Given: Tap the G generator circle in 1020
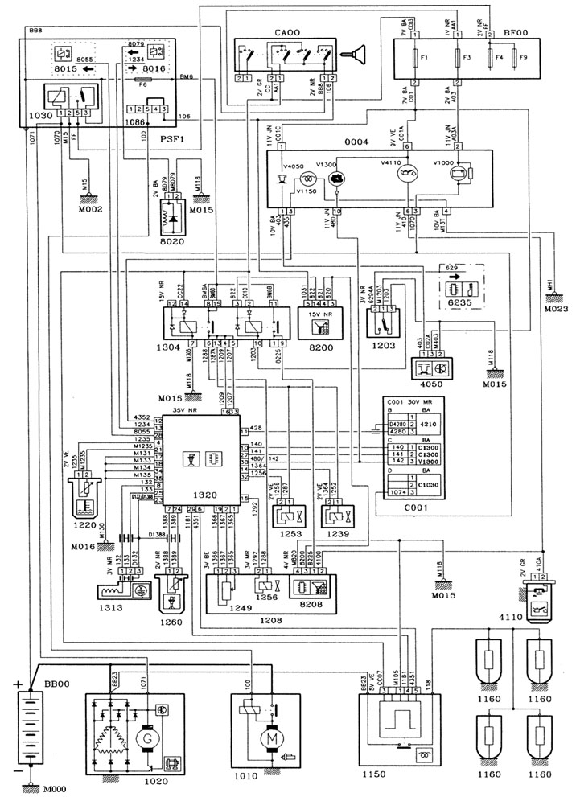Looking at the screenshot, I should click(148, 737).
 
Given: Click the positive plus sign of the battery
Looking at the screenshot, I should click(17, 685).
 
